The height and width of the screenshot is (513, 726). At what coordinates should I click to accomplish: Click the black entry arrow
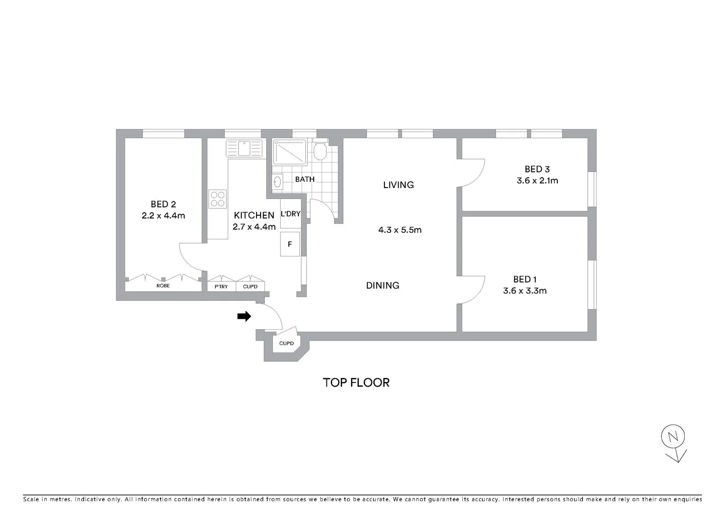[x=244, y=316]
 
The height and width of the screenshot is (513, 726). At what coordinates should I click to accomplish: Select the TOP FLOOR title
[x=356, y=383]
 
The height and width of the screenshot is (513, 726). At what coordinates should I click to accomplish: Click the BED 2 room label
[x=163, y=204]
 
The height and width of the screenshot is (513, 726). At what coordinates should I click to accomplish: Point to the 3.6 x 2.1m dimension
[x=537, y=180]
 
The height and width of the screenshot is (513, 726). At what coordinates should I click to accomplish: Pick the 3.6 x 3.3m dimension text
[x=525, y=291]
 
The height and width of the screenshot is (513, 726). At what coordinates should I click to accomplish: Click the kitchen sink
[x=244, y=148]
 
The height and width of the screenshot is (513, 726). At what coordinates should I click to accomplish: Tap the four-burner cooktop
[x=218, y=199]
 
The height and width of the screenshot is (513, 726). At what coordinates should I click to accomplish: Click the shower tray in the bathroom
[x=289, y=152]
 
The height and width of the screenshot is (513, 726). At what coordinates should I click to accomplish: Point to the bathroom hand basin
[x=277, y=181]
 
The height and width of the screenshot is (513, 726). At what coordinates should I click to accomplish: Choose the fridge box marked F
[x=290, y=244]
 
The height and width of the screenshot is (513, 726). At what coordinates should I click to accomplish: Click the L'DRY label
[x=290, y=214]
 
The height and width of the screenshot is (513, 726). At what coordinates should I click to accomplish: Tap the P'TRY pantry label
[x=221, y=286]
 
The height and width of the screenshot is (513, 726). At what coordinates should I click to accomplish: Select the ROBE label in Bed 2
[x=163, y=285]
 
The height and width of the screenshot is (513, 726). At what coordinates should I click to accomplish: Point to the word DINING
[x=382, y=285]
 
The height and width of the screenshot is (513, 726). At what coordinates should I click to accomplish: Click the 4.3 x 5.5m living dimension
[x=400, y=230]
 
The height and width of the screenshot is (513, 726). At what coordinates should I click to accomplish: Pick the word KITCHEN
[x=254, y=215]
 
